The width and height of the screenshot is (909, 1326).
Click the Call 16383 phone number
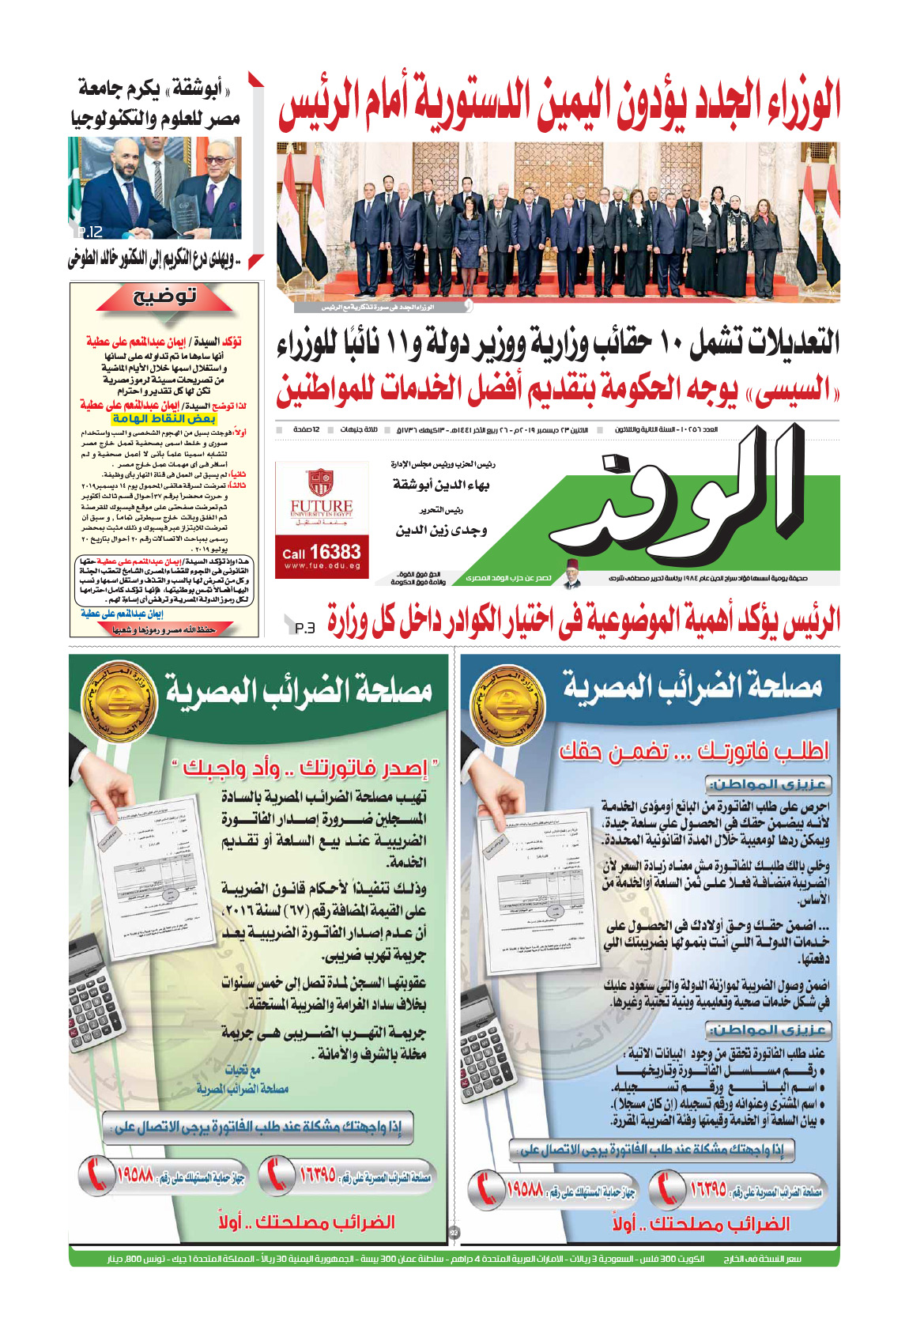tap(321, 552)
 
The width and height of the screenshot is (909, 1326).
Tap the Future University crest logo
tap(321, 483)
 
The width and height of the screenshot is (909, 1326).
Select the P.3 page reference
tap(305, 628)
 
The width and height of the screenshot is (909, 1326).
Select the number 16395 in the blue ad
tap(708, 1188)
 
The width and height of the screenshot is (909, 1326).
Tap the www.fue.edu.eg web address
tap(321, 566)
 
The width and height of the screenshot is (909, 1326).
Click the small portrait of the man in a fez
tap(572, 578)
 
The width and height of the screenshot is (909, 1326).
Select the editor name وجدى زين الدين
tap(441, 531)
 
